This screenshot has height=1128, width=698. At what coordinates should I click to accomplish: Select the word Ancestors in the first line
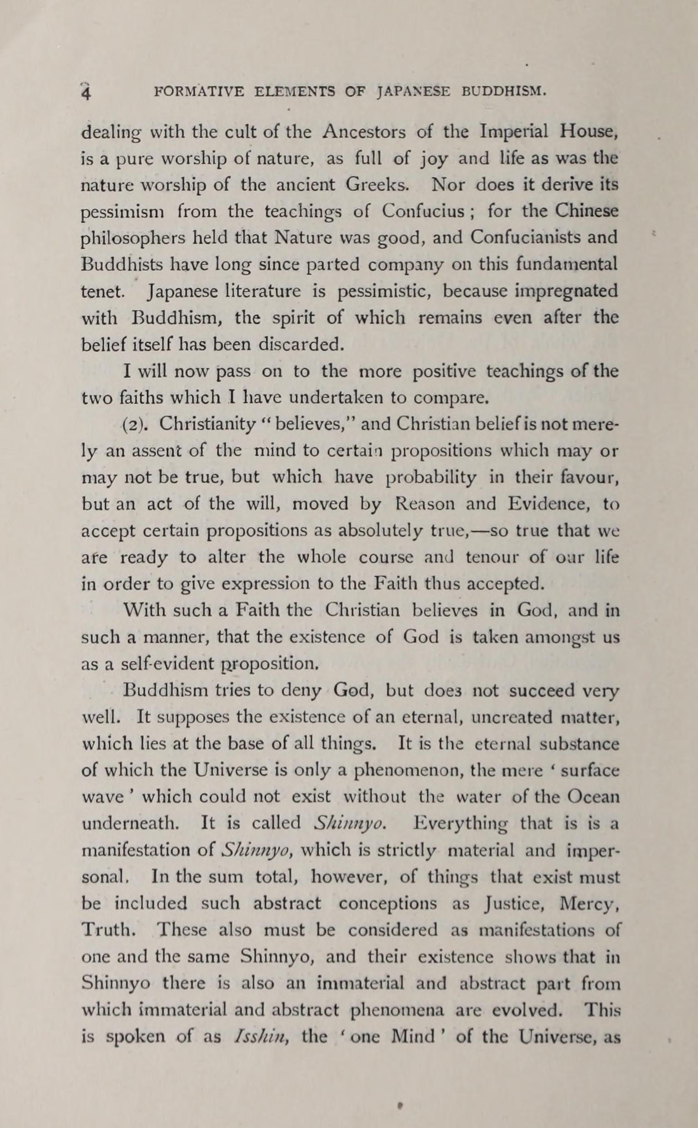coord(364,132)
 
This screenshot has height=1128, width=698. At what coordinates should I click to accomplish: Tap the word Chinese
coord(586,212)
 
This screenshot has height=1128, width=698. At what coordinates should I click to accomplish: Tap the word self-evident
coord(159,664)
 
